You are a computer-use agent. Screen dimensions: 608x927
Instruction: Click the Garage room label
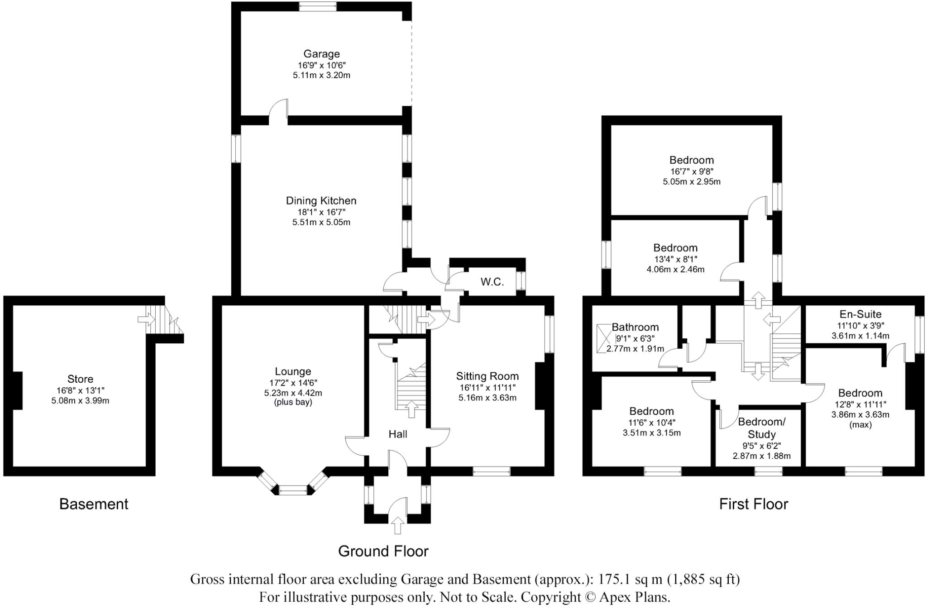(321, 54)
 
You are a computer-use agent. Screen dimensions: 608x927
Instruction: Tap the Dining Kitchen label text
(321, 200)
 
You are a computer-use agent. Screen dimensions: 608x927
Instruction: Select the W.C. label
(492, 282)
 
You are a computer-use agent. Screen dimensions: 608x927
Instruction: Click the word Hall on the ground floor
(398, 434)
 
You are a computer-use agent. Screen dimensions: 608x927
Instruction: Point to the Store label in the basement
(80, 379)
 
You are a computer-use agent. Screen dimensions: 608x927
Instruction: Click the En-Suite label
(860, 314)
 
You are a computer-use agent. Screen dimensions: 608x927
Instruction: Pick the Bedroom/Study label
(762, 428)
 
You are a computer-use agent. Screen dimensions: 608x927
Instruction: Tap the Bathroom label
(635, 327)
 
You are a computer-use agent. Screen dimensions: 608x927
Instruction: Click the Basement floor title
(94, 504)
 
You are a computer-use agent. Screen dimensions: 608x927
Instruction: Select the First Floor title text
(754, 504)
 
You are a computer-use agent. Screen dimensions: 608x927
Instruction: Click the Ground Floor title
(383, 551)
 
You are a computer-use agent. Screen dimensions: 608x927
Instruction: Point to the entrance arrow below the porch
(398, 526)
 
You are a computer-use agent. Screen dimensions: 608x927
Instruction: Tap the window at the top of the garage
(317, 6)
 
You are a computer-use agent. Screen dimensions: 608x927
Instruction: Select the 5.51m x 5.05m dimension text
(321, 222)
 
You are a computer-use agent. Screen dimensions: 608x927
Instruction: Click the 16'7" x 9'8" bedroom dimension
(692, 171)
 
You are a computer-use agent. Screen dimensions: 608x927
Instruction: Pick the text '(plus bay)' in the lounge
(293, 402)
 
